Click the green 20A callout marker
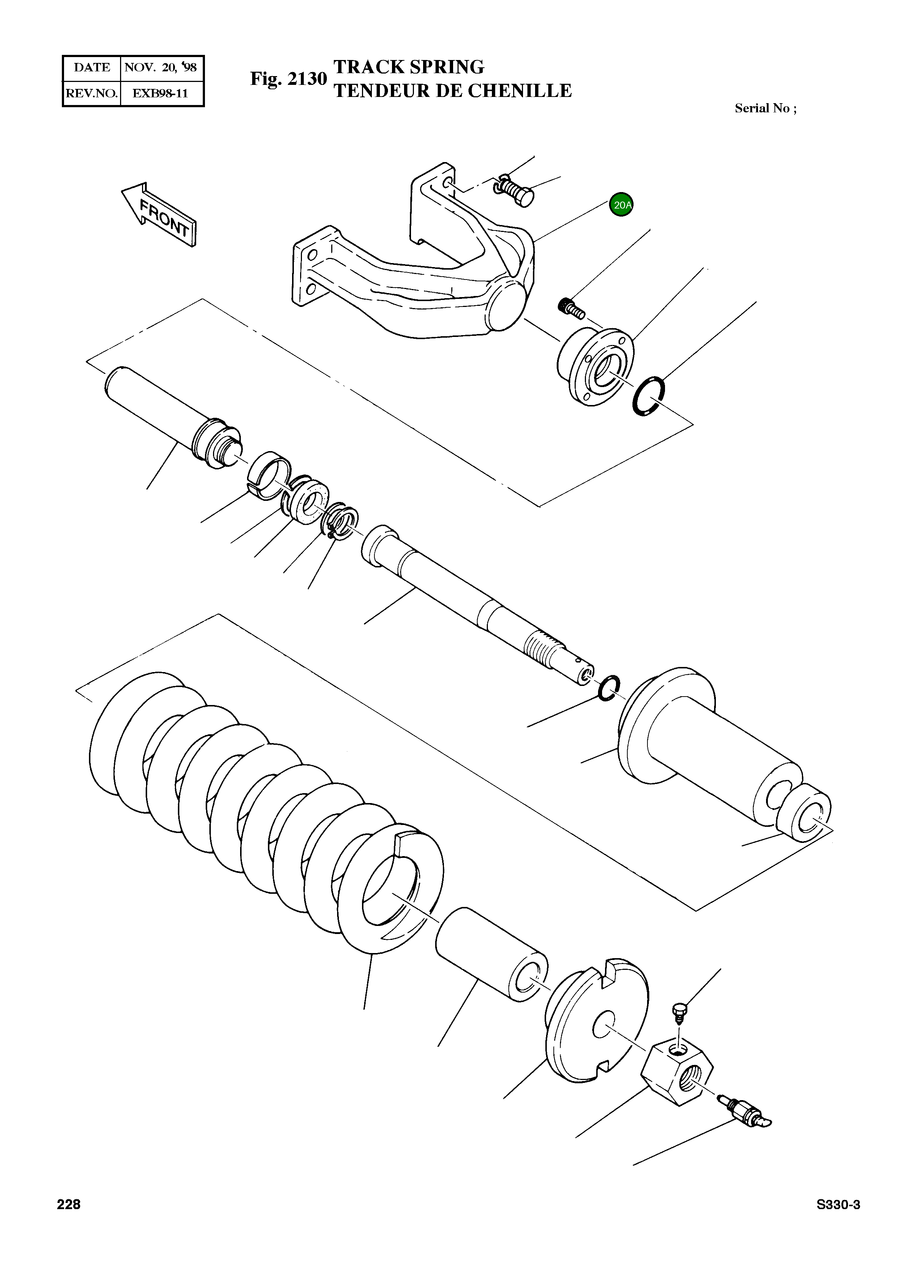point(621,205)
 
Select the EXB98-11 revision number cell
point(161,93)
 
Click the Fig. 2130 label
point(288,79)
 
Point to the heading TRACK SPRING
point(409,67)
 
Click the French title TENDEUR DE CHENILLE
point(452,91)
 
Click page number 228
point(68,1204)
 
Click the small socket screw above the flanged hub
point(571,308)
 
